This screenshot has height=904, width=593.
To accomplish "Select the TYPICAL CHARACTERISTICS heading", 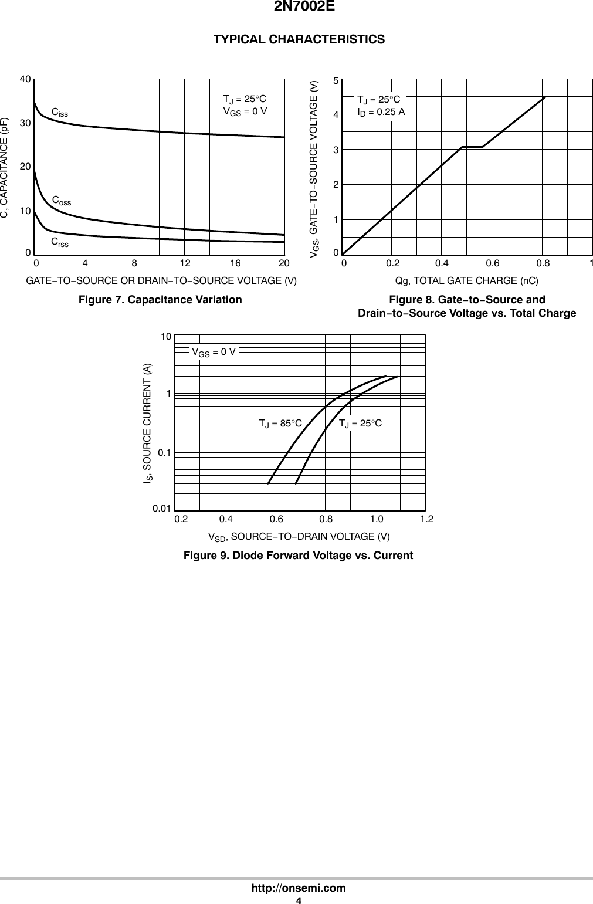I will (299, 39).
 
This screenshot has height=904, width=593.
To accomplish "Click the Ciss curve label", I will (59, 112).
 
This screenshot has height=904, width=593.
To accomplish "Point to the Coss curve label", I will (62, 201).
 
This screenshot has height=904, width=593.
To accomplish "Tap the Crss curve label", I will (59, 242).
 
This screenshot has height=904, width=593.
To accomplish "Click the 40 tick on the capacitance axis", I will (25, 78).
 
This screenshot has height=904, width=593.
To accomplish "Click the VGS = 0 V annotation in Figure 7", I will (245, 110).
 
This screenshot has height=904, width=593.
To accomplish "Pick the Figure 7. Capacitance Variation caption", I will (160, 300).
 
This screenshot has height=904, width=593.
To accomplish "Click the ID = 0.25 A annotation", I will (381, 111).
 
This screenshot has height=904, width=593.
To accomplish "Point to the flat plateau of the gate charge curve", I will (472, 147).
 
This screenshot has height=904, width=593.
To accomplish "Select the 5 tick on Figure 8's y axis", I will (336, 81).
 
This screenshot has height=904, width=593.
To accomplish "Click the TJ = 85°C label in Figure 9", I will (280, 423).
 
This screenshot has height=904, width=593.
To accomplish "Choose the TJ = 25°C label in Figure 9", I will (360, 423).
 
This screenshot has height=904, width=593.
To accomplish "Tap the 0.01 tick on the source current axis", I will (162, 508).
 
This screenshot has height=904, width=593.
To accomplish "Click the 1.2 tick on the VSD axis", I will (426, 519).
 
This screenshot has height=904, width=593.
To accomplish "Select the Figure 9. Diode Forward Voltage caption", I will (298, 556).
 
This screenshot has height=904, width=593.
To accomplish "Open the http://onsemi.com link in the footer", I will (299, 888).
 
